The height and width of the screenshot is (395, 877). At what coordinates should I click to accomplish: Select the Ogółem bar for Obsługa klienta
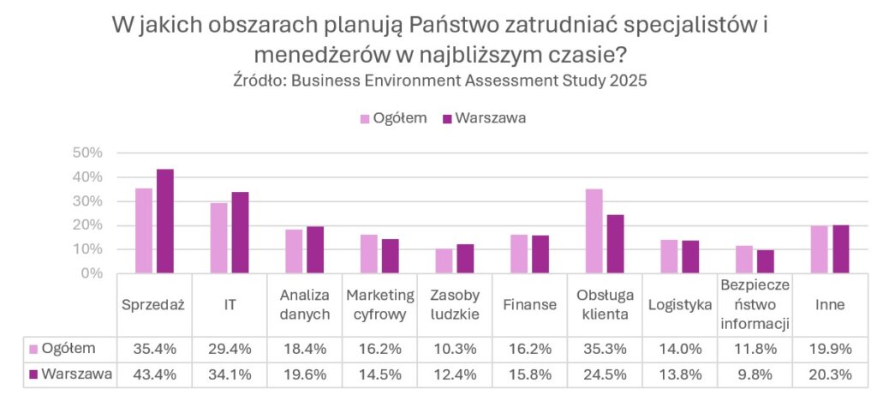point(594,231)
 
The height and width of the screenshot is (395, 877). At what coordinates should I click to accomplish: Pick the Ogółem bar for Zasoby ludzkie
point(444,261)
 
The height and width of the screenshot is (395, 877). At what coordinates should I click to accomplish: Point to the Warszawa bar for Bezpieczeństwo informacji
point(765,262)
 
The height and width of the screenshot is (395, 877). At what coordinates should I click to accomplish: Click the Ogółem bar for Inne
point(820,250)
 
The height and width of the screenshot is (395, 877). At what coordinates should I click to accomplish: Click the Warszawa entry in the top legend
point(483,117)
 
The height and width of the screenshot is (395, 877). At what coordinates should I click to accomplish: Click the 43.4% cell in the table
point(154,375)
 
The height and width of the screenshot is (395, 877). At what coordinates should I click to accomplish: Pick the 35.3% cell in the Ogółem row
point(605,348)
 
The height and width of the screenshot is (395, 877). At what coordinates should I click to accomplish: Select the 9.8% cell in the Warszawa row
point(755,375)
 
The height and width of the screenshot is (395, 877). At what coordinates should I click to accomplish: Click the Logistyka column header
point(680,304)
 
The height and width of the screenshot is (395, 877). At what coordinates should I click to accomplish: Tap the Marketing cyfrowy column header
point(379,304)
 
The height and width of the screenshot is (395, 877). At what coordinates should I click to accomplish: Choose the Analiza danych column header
point(304,304)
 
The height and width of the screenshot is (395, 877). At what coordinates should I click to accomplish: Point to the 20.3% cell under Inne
point(831,375)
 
